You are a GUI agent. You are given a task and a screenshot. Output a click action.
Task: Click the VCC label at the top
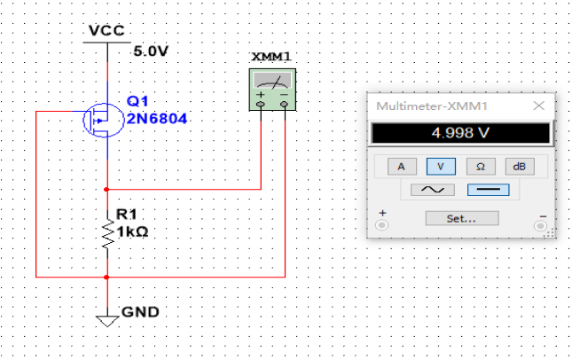[106, 31]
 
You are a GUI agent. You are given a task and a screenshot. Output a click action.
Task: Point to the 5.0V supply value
[150, 51]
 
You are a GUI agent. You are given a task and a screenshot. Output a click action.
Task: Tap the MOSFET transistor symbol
[99, 119]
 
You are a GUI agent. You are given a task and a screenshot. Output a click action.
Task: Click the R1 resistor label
[125, 215]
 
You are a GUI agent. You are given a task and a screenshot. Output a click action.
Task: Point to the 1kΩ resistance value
[131, 231]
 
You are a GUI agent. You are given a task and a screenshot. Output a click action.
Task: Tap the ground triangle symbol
[107, 317]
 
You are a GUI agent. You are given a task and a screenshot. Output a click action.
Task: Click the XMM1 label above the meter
[270, 57]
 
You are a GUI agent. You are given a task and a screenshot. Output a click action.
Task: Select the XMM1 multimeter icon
[271, 90]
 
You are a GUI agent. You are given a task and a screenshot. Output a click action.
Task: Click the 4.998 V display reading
[459, 134]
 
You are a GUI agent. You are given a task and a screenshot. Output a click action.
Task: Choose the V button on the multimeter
[440, 166]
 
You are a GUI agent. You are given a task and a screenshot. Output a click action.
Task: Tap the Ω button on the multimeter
[480, 166]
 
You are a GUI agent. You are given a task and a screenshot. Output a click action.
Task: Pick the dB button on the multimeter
[520, 166]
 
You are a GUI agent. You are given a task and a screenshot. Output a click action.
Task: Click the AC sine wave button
[431, 190]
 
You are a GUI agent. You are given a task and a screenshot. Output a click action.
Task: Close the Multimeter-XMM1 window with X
[537, 106]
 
